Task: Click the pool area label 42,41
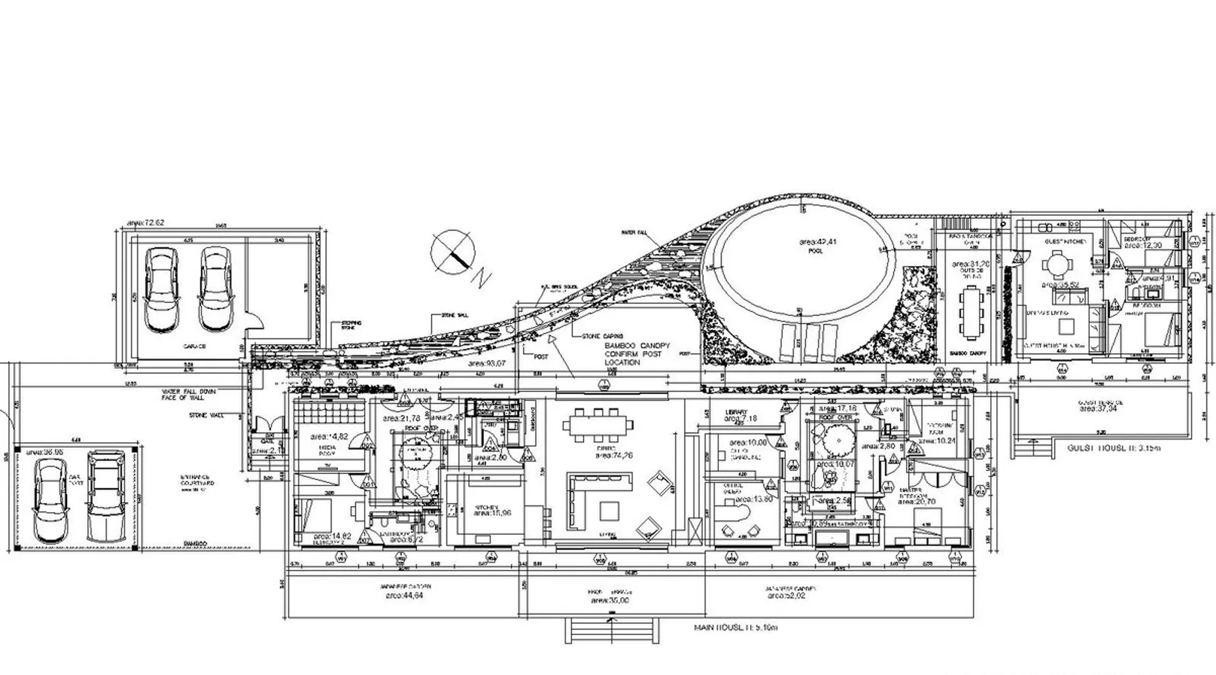coord(818,242)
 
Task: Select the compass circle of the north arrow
coord(453,252)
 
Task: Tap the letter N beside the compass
coord(482,278)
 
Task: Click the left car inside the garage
coord(161,290)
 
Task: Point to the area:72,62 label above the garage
coord(146,223)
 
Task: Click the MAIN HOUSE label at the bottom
coord(736,628)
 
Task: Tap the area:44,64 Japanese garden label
coord(405,596)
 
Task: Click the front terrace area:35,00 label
coord(609,600)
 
